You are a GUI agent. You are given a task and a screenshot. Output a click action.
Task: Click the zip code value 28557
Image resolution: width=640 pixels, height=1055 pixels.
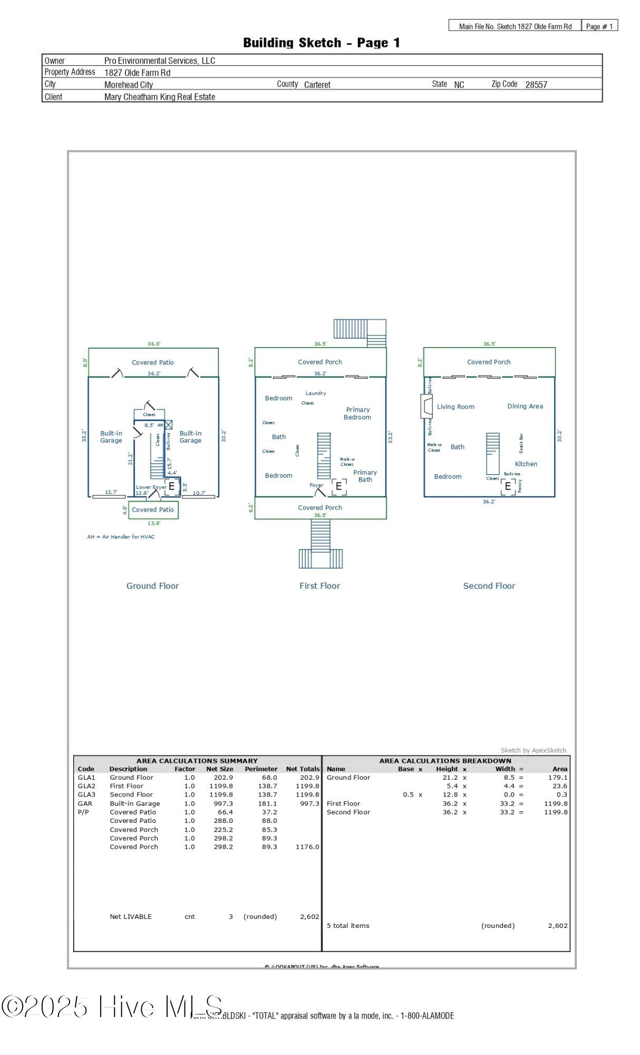pyautogui.click(x=536, y=84)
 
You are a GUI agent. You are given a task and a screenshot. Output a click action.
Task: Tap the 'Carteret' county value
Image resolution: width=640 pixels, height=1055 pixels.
pyautogui.click(x=317, y=84)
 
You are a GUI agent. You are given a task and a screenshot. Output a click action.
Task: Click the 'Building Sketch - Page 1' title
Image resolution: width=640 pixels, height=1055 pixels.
pyautogui.click(x=321, y=43)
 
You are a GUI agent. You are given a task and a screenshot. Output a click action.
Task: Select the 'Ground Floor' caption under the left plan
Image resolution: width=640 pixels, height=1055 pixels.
pyautogui.click(x=152, y=586)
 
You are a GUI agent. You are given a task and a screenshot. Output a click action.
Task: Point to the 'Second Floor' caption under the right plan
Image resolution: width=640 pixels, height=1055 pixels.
pyautogui.click(x=489, y=586)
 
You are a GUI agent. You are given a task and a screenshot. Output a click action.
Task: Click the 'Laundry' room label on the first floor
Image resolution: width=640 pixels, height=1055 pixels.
pyautogui.click(x=316, y=393)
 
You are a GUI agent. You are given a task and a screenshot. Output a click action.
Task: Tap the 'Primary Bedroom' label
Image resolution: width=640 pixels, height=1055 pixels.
pyautogui.click(x=357, y=413)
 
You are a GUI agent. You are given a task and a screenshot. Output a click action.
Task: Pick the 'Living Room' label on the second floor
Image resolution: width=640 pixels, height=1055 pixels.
pyautogui.click(x=455, y=407)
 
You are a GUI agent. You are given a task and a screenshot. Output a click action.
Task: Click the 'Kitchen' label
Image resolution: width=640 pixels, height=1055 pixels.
pyautogui.click(x=526, y=464)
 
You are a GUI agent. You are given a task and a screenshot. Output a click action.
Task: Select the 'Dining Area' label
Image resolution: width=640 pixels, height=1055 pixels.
pyautogui.click(x=525, y=406)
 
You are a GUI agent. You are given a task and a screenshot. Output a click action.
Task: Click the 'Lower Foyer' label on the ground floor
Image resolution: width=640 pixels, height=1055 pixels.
pyautogui.click(x=151, y=487)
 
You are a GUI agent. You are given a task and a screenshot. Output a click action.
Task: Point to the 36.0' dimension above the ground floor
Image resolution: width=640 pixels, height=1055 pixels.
pyautogui.click(x=154, y=344)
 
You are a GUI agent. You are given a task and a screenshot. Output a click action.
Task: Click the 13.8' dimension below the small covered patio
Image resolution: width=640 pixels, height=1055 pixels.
pyautogui.click(x=154, y=523)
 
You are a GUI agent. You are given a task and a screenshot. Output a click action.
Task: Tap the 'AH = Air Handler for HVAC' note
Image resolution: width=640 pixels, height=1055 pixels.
pyautogui.click(x=121, y=536)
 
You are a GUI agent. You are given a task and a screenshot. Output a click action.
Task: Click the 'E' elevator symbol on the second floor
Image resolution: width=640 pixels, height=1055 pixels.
pyautogui.click(x=508, y=486)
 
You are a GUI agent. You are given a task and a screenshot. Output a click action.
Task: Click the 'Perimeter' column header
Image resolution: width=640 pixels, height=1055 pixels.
pyautogui.click(x=261, y=769)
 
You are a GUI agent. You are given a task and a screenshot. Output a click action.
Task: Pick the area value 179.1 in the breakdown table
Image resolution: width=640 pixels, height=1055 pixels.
pyautogui.click(x=557, y=777)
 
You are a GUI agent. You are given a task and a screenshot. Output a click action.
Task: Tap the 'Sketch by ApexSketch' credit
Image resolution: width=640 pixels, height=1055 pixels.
pyautogui.click(x=533, y=750)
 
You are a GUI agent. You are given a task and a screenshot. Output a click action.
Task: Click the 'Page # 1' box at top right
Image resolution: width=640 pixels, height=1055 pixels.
pyautogui.click(x=599, y=26)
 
